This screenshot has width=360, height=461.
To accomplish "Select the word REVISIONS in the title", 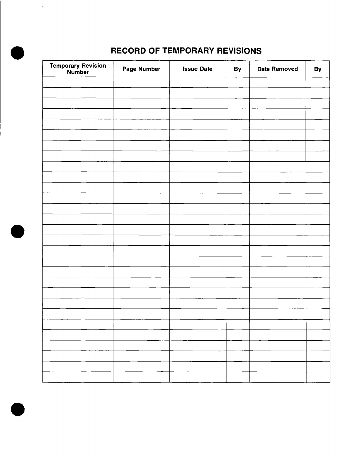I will click(239, 51).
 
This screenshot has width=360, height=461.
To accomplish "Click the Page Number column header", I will click(141, 69).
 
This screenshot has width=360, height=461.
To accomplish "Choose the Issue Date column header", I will click(198, 69).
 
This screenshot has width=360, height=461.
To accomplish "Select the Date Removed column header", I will click(277, 69).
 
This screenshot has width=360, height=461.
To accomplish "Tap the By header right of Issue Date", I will click(237, 69).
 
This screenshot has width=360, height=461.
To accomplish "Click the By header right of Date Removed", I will click(318, 69).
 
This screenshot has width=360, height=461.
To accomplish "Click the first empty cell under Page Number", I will click(141, 82).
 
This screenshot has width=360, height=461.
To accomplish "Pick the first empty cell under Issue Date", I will click(198, 82).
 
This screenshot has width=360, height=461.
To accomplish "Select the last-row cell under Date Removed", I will click(278, 377).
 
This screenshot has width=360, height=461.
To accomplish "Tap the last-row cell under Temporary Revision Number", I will click(78, 377).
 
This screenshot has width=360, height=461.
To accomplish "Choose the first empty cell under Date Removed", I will click(278, 82).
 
